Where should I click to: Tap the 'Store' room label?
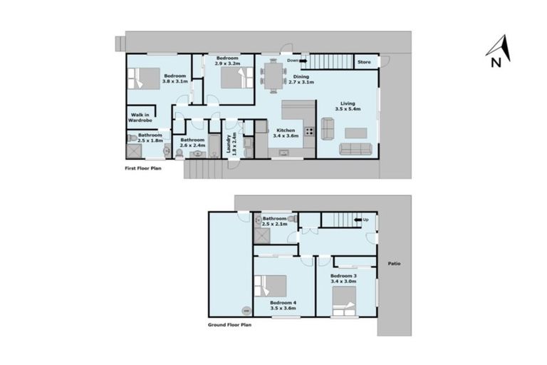coord(364,63)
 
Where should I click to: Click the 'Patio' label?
coord(394,264)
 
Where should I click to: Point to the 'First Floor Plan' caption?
coord(142,170)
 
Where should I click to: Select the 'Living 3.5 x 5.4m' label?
coord(348,106)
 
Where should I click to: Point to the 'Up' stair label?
coord(366,219)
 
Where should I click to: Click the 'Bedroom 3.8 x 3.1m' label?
coord(174,78)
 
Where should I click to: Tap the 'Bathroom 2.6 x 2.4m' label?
coord(193,143)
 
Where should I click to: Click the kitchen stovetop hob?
coord(309,131)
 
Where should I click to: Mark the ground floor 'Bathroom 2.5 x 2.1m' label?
coord(275,221)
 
